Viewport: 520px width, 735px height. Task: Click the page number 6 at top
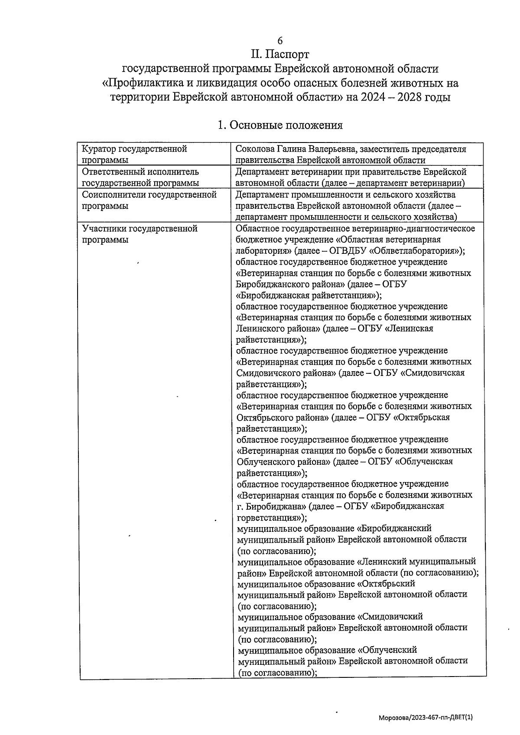(x=280, y=41)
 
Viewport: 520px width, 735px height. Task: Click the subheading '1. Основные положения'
(x=280, y=125)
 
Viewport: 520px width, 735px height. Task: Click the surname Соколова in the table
(x=256, y=149)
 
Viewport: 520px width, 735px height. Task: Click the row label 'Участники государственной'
(x=140, y=228)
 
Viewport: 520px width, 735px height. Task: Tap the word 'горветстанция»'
(x=272, y=518)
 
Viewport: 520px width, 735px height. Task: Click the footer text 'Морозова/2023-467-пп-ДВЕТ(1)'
(x=425, y=718)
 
